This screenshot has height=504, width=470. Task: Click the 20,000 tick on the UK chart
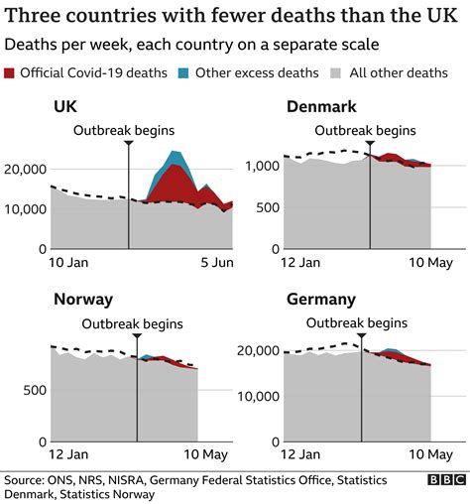tap(25, 170)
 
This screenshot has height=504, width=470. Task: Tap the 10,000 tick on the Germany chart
tap(262, 397)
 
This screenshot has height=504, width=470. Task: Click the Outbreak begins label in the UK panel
tap(127, 130)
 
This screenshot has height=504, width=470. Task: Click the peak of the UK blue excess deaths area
tap(175, 152)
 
